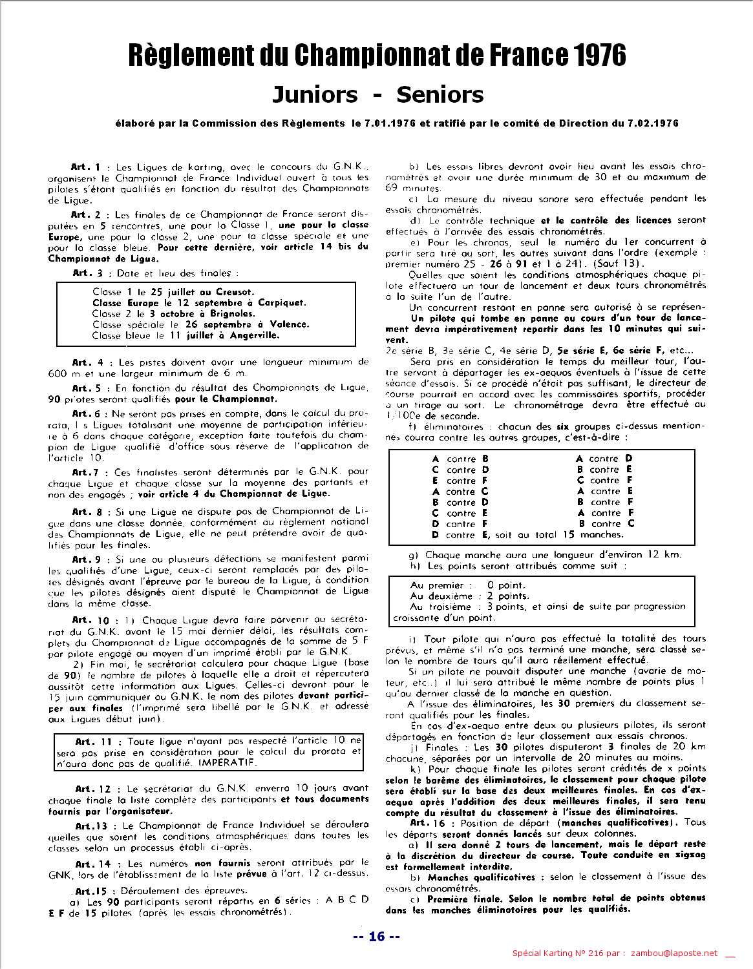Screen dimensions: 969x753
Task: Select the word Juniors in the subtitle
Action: point(314,94)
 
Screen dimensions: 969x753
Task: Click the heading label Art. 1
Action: point(85,167)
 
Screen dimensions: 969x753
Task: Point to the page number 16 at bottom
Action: point(377,937)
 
